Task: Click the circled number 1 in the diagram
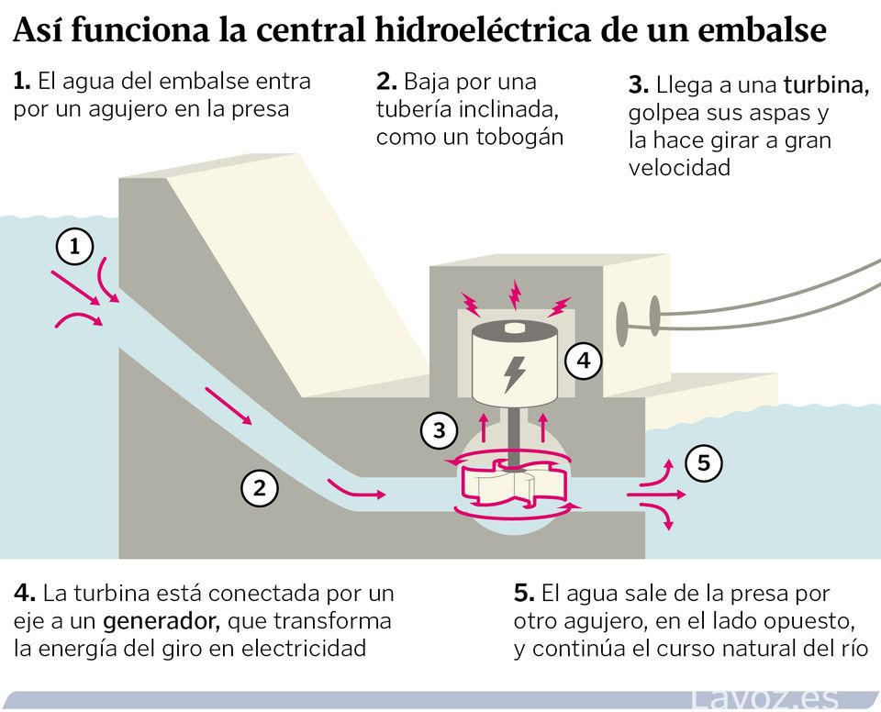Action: coord(75,246)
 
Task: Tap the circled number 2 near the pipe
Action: coord(260,489)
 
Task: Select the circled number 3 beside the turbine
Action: coord(440,430)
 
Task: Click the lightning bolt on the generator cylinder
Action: coord(514,373)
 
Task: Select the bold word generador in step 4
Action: coord(162,621)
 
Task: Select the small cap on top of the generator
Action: coord(515,328)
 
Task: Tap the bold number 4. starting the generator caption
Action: coord(25,594)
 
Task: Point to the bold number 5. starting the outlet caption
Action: coord(524,594)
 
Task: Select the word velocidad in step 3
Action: coord(680,168)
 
